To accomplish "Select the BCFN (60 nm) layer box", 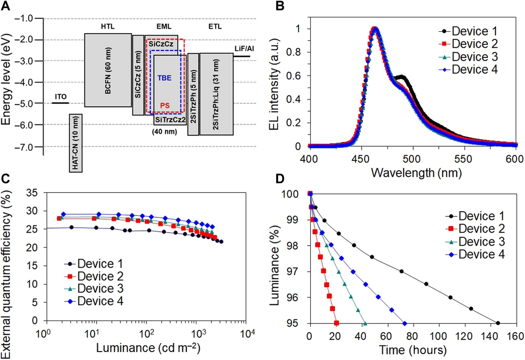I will pos(108,70).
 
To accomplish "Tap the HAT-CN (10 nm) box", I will pos(75,143).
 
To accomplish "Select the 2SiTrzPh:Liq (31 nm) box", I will pos(217,94).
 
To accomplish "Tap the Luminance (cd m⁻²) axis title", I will pos(144,348).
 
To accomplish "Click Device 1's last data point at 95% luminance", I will pos(498,323).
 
